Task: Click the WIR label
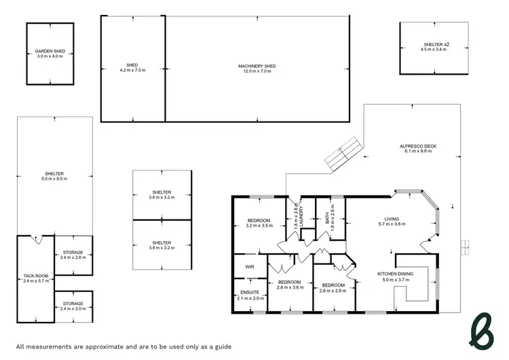pos(249,268)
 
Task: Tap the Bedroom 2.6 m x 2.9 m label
pos(334,287)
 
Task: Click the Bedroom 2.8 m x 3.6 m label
pos(288,284)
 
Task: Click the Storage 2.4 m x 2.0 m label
pos(73,306)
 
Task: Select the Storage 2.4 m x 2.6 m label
pos(73,255)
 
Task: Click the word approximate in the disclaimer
pos(92,346)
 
